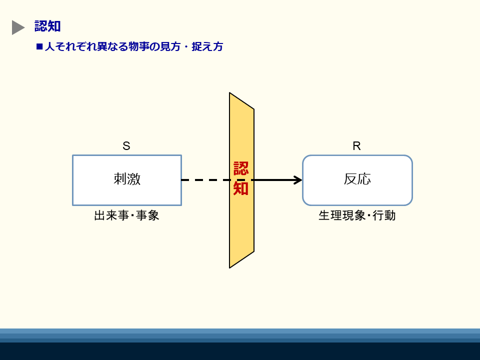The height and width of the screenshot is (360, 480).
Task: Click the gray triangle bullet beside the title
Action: click(18, 27)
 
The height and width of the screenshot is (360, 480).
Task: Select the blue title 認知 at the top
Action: click(47, 26)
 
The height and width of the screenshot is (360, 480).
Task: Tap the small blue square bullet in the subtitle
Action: click(39, 46)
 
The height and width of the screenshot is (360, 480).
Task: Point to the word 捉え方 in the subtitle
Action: click(207, 46)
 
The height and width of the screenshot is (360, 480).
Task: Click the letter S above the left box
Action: click(126, 145)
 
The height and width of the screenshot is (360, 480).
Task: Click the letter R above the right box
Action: click(356, 146)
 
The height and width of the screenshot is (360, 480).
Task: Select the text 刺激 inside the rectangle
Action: click(127, 179)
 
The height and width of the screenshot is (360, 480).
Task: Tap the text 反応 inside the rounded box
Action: click(357, 179)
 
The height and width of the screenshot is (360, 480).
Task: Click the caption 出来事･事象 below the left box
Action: click(126, 215)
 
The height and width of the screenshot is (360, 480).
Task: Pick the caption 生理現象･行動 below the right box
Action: click(357, 215)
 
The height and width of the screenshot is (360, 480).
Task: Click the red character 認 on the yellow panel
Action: click(241, 168)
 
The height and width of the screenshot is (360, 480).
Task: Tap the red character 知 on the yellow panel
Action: click(240, 188)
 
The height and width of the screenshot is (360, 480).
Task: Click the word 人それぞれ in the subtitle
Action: click(70, 46)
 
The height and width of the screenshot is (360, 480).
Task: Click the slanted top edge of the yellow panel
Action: click(242, 100)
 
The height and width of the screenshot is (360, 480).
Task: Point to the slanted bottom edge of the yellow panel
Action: click(242, 259)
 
